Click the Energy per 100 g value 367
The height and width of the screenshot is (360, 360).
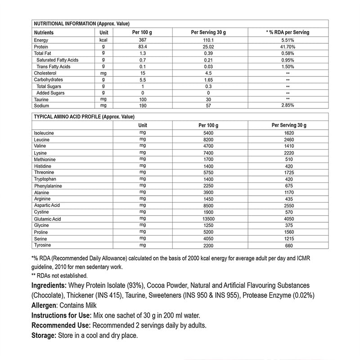142,40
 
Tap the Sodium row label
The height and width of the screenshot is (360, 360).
41,106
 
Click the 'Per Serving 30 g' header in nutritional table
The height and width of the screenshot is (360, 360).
208,32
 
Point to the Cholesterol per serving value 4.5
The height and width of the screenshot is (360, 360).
208,73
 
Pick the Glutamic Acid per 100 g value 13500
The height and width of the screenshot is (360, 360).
208,219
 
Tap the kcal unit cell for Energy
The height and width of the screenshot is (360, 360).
103,40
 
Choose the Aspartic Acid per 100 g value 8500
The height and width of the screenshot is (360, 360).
208,205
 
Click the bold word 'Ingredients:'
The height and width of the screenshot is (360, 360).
49,286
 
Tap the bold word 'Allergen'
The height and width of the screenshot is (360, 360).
46,305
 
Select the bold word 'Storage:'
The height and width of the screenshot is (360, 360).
43,336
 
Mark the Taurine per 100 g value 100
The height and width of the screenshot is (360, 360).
142,99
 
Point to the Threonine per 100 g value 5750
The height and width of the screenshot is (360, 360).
208,172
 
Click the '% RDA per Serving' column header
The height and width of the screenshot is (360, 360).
288,32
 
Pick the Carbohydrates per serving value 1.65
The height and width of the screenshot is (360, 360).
208,80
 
